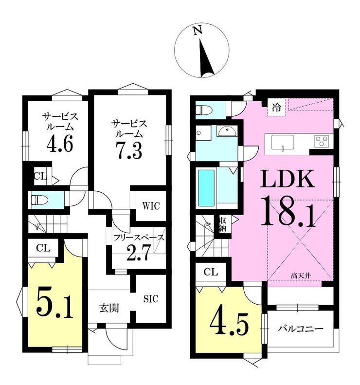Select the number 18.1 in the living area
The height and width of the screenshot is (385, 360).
click(288, 211)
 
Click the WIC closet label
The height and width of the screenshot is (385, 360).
click(151, 206)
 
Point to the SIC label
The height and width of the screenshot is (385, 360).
click(151, 298)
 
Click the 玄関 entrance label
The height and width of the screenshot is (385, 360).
click(109, 308)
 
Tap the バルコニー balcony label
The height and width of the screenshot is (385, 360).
click(300, 329)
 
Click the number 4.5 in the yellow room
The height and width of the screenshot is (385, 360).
click(229, 324)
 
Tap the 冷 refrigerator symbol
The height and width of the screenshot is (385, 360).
click(276, 107)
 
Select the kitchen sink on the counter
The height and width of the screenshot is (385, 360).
click(283, 142)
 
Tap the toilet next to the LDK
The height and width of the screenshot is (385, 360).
click(204, 110)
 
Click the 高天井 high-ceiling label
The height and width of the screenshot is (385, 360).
click(301, 276)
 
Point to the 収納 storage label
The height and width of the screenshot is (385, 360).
click(223, 224)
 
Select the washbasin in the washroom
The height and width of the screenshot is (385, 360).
click(227, 131)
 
